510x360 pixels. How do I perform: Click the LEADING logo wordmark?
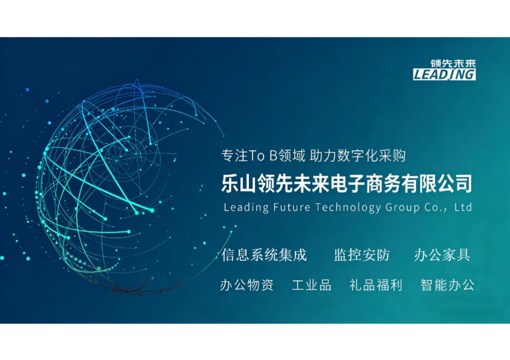click(444, 74)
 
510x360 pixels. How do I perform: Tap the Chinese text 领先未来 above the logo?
click(453, 64)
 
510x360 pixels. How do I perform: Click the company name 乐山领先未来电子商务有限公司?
click(347, 183)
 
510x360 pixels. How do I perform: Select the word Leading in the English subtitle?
click(246, 207)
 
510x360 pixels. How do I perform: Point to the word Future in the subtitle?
click(292, 207)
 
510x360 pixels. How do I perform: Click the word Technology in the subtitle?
click(348, 208)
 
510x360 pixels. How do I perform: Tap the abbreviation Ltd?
click(463, 207)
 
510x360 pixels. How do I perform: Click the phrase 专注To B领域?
click(263, 155)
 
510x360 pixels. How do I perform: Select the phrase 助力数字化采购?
click(358, 155)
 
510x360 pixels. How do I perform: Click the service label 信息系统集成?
click(264, 255)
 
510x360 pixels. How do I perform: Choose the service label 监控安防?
click(362, 255)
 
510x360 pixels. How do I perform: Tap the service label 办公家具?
click(442, 255)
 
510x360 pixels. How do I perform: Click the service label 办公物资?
click(247, 285)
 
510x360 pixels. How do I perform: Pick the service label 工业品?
click(312, 285)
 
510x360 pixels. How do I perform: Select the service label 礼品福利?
click(376, 285)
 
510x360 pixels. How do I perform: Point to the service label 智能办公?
click(448, 285)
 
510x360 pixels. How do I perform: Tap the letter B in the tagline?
click(274, 156)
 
